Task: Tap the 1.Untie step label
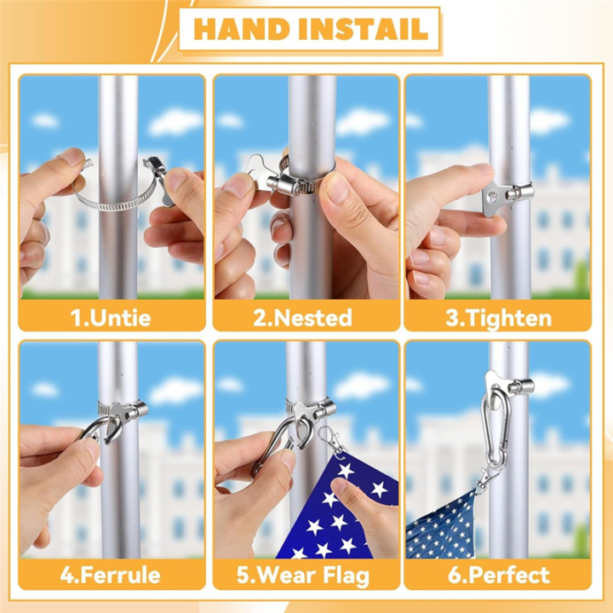(x=112, y=318)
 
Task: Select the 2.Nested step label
(x=303, y=318)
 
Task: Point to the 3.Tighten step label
(x=498, y=318)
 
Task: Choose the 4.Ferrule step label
(x=112, y=575)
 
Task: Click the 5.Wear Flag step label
(x=303, y=575)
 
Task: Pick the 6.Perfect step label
(x=498, y=575)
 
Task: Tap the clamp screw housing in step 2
(x=294, y=180)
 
